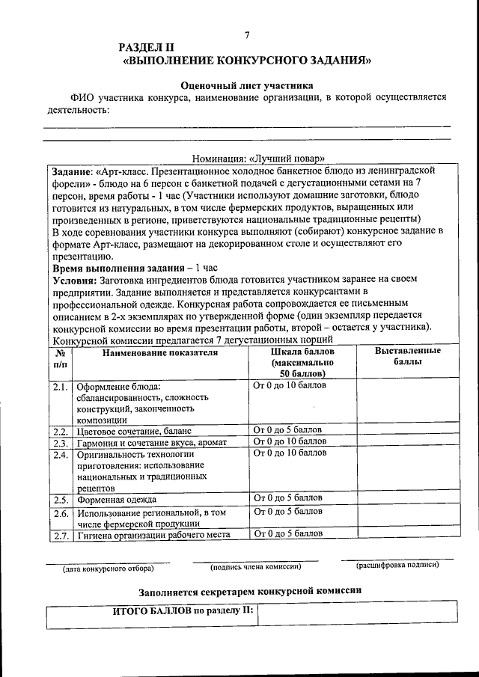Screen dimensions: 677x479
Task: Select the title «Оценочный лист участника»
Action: click(x=247, y=85)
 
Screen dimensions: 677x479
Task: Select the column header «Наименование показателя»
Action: click(x=160, y=352)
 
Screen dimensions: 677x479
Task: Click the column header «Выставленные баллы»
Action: click(x=407, y=356)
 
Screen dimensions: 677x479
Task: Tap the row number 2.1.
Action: click(x=61, y=387)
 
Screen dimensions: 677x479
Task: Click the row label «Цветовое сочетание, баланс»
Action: click(x=134, y=432)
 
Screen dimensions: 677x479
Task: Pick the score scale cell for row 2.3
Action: click(x=290, y=441)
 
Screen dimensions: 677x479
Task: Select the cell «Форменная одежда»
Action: click(x=117, y=499)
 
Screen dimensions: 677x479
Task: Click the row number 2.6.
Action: click(x=61, y=514)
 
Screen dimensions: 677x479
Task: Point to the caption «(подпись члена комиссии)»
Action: click(x=255, y=567)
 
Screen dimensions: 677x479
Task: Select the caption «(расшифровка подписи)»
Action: click(x=397, y=565)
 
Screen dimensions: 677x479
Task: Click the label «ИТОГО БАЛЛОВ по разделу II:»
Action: click(x=183, y=610)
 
